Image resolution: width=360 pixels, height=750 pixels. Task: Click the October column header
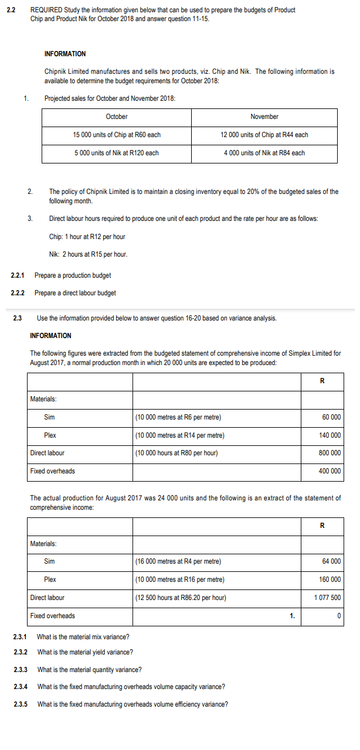point(117,117)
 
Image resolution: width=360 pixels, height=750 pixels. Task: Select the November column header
point(264,117)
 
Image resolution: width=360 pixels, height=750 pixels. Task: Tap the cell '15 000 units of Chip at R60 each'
point(117,135)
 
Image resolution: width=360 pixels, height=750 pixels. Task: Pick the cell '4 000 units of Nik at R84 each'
point(264,153)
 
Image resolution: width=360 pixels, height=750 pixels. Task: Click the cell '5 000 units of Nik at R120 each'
point(117,153)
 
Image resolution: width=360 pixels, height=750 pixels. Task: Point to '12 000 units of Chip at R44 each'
point(264,135)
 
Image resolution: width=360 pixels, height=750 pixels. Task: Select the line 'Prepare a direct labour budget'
point(75,293)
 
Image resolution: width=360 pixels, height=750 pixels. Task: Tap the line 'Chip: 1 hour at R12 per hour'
point(87,237)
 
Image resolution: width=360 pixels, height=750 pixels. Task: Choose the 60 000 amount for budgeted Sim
point(331,417)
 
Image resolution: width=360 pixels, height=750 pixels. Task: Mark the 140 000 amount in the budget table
point(330,435)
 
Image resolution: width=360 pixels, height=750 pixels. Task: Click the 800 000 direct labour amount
point(330,453)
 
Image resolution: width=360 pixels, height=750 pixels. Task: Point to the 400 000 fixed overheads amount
point(330,471)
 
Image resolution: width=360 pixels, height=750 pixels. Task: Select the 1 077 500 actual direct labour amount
point(328,598)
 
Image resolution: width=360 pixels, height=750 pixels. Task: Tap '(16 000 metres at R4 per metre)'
point(178,561)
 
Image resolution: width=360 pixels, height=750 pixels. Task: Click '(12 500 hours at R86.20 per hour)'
point(181,598)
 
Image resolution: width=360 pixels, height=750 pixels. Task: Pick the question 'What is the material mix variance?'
point(83,637)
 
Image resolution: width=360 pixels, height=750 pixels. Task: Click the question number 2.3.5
point(21,704)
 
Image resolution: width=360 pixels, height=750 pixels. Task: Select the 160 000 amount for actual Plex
point(330,579)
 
